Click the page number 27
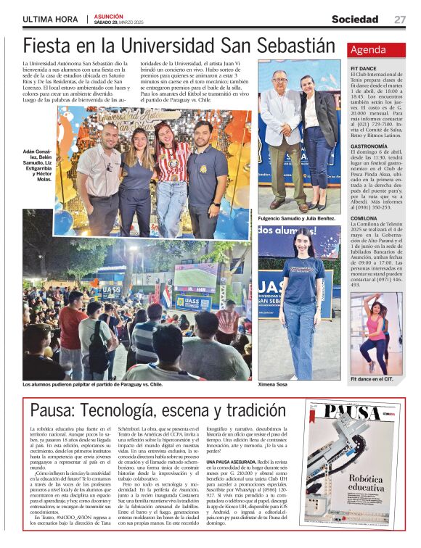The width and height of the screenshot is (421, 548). pos(400,20)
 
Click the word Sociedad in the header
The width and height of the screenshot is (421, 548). pos(355,20)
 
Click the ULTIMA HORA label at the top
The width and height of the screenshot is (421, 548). pos(51,20)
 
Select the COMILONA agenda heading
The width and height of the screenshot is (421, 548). pos(364,217)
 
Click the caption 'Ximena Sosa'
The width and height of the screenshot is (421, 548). pos(273,385)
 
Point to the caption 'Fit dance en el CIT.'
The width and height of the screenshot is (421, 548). pos(372,379)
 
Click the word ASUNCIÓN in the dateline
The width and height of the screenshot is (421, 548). pos(109,15)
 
